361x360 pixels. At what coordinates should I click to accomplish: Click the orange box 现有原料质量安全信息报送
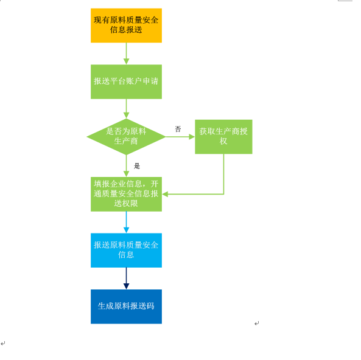pyautogui.click(x=126, y=26)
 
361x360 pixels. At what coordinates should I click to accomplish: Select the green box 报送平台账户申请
pyautogui.click(x=126, y=81)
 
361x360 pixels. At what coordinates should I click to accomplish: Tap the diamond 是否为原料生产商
pyautogui.click(x=126, y=137)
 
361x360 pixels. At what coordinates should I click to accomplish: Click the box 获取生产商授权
pyautogui.click(x=223, y=137)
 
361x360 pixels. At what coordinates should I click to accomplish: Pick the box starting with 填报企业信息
pyautogui.click(x=126, y=194)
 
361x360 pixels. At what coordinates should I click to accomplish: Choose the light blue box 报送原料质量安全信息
pyautogui.click(x=126, y=251)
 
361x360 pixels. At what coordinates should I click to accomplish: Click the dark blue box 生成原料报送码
pyautogui.click(x=126, y=306)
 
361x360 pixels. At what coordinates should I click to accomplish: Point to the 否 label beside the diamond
pyautogui.click(x=178, y=129)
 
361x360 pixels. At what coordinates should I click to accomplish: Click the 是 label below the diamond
pyautogui.click(x=137, y=166)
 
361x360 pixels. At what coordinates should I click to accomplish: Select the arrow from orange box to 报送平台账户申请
pyautogui.click(x=126, y=54)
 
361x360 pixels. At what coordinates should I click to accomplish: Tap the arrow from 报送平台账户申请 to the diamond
pyautogui.click(x=126, y=109)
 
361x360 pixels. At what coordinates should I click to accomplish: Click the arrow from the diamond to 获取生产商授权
pyautogui.click(x=180, y=137)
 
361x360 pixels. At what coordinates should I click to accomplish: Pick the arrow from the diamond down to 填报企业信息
pyautogui.click(x=126, y=166)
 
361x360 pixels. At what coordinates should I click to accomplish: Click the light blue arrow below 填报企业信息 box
pyautogui.click(x=126, y=222)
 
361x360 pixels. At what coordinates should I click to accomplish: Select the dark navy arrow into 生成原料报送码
pyautogui.click(x=126, y=279)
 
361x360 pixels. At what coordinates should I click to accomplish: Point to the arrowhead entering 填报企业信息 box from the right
pyautogui.click(x=165, y=194)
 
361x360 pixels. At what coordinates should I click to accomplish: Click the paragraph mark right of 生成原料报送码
pyautogui.click(x=257, y=324)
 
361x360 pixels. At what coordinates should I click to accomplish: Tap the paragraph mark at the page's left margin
pyautogui.click(x=3, y=344)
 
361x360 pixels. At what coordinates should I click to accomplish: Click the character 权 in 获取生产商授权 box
pyautogui.click(x=223, y=141)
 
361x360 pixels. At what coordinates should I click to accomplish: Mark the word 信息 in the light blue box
pyautogui.click(x=126, y=255)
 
